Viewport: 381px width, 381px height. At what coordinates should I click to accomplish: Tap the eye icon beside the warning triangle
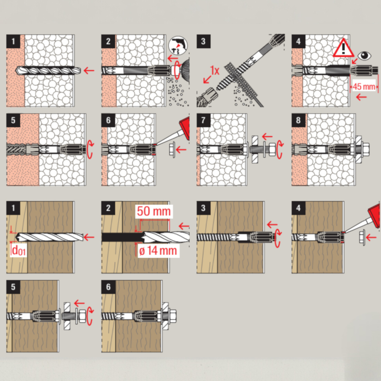click(x=364, y=56)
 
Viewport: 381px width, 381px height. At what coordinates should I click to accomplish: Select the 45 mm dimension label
click(x=364, y=87)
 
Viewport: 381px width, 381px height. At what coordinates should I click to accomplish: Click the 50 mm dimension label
click(x=154, y=211)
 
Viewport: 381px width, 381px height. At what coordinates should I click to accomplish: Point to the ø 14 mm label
click(x=158, y=251)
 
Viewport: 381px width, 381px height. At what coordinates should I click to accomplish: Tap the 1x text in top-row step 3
click(x=215, y=70)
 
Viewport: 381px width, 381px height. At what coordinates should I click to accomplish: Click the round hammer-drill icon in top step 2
click(x=178, y=46)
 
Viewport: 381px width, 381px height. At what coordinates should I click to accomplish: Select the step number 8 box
click(x=298, y=120)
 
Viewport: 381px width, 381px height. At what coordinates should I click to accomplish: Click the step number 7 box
click(x=204, y=120)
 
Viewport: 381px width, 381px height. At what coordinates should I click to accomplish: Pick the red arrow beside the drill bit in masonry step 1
click(x=89, y=70)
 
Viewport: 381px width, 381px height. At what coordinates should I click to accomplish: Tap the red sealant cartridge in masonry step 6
click(x=184, y=127)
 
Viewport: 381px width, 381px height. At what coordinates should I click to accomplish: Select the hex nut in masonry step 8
click(x=366, y=149)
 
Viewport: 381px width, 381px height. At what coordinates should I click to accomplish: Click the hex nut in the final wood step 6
click(x=173, y=316)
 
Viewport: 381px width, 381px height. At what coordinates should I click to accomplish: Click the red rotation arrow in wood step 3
click(x=278, y=238)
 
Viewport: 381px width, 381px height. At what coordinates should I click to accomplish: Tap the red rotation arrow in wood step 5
click(x=90, y=316)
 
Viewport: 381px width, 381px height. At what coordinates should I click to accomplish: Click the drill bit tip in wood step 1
click(x=16, y=237)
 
